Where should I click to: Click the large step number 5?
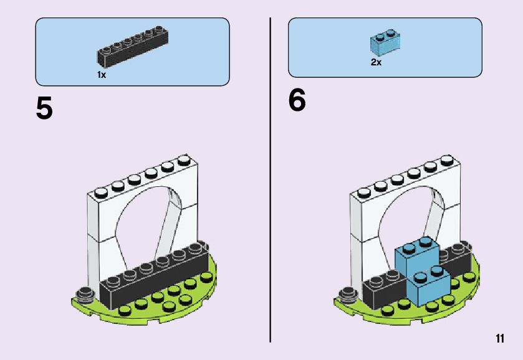(44, 109)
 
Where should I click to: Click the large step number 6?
(297, 100)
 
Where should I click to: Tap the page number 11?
(499, 338)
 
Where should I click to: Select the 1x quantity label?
(102, 74)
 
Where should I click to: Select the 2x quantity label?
(376, 62)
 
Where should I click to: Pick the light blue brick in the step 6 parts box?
(385, 41)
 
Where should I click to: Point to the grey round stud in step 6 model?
(346, 293)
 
